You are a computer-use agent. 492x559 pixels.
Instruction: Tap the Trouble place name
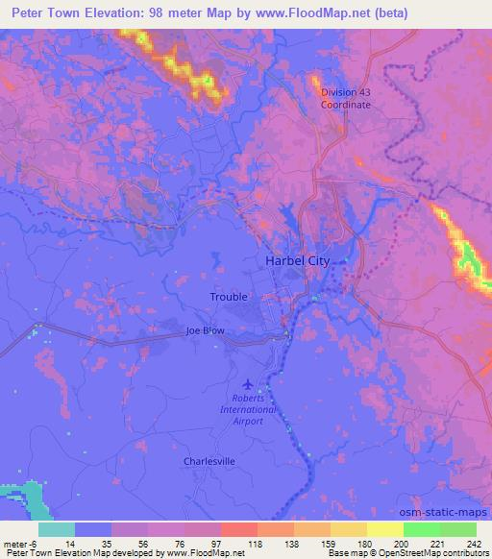click(x=229, y=297)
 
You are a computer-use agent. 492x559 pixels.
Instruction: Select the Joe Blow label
click(x=205, y=330)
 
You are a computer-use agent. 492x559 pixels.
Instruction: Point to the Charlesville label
click(x=209, y=461)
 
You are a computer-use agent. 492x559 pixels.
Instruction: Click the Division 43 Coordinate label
click(x=345, y=98)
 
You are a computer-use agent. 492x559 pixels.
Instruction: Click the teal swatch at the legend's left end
click(x=57, y=528)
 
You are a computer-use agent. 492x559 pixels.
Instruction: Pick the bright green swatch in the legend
click(x=421, y=528)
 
